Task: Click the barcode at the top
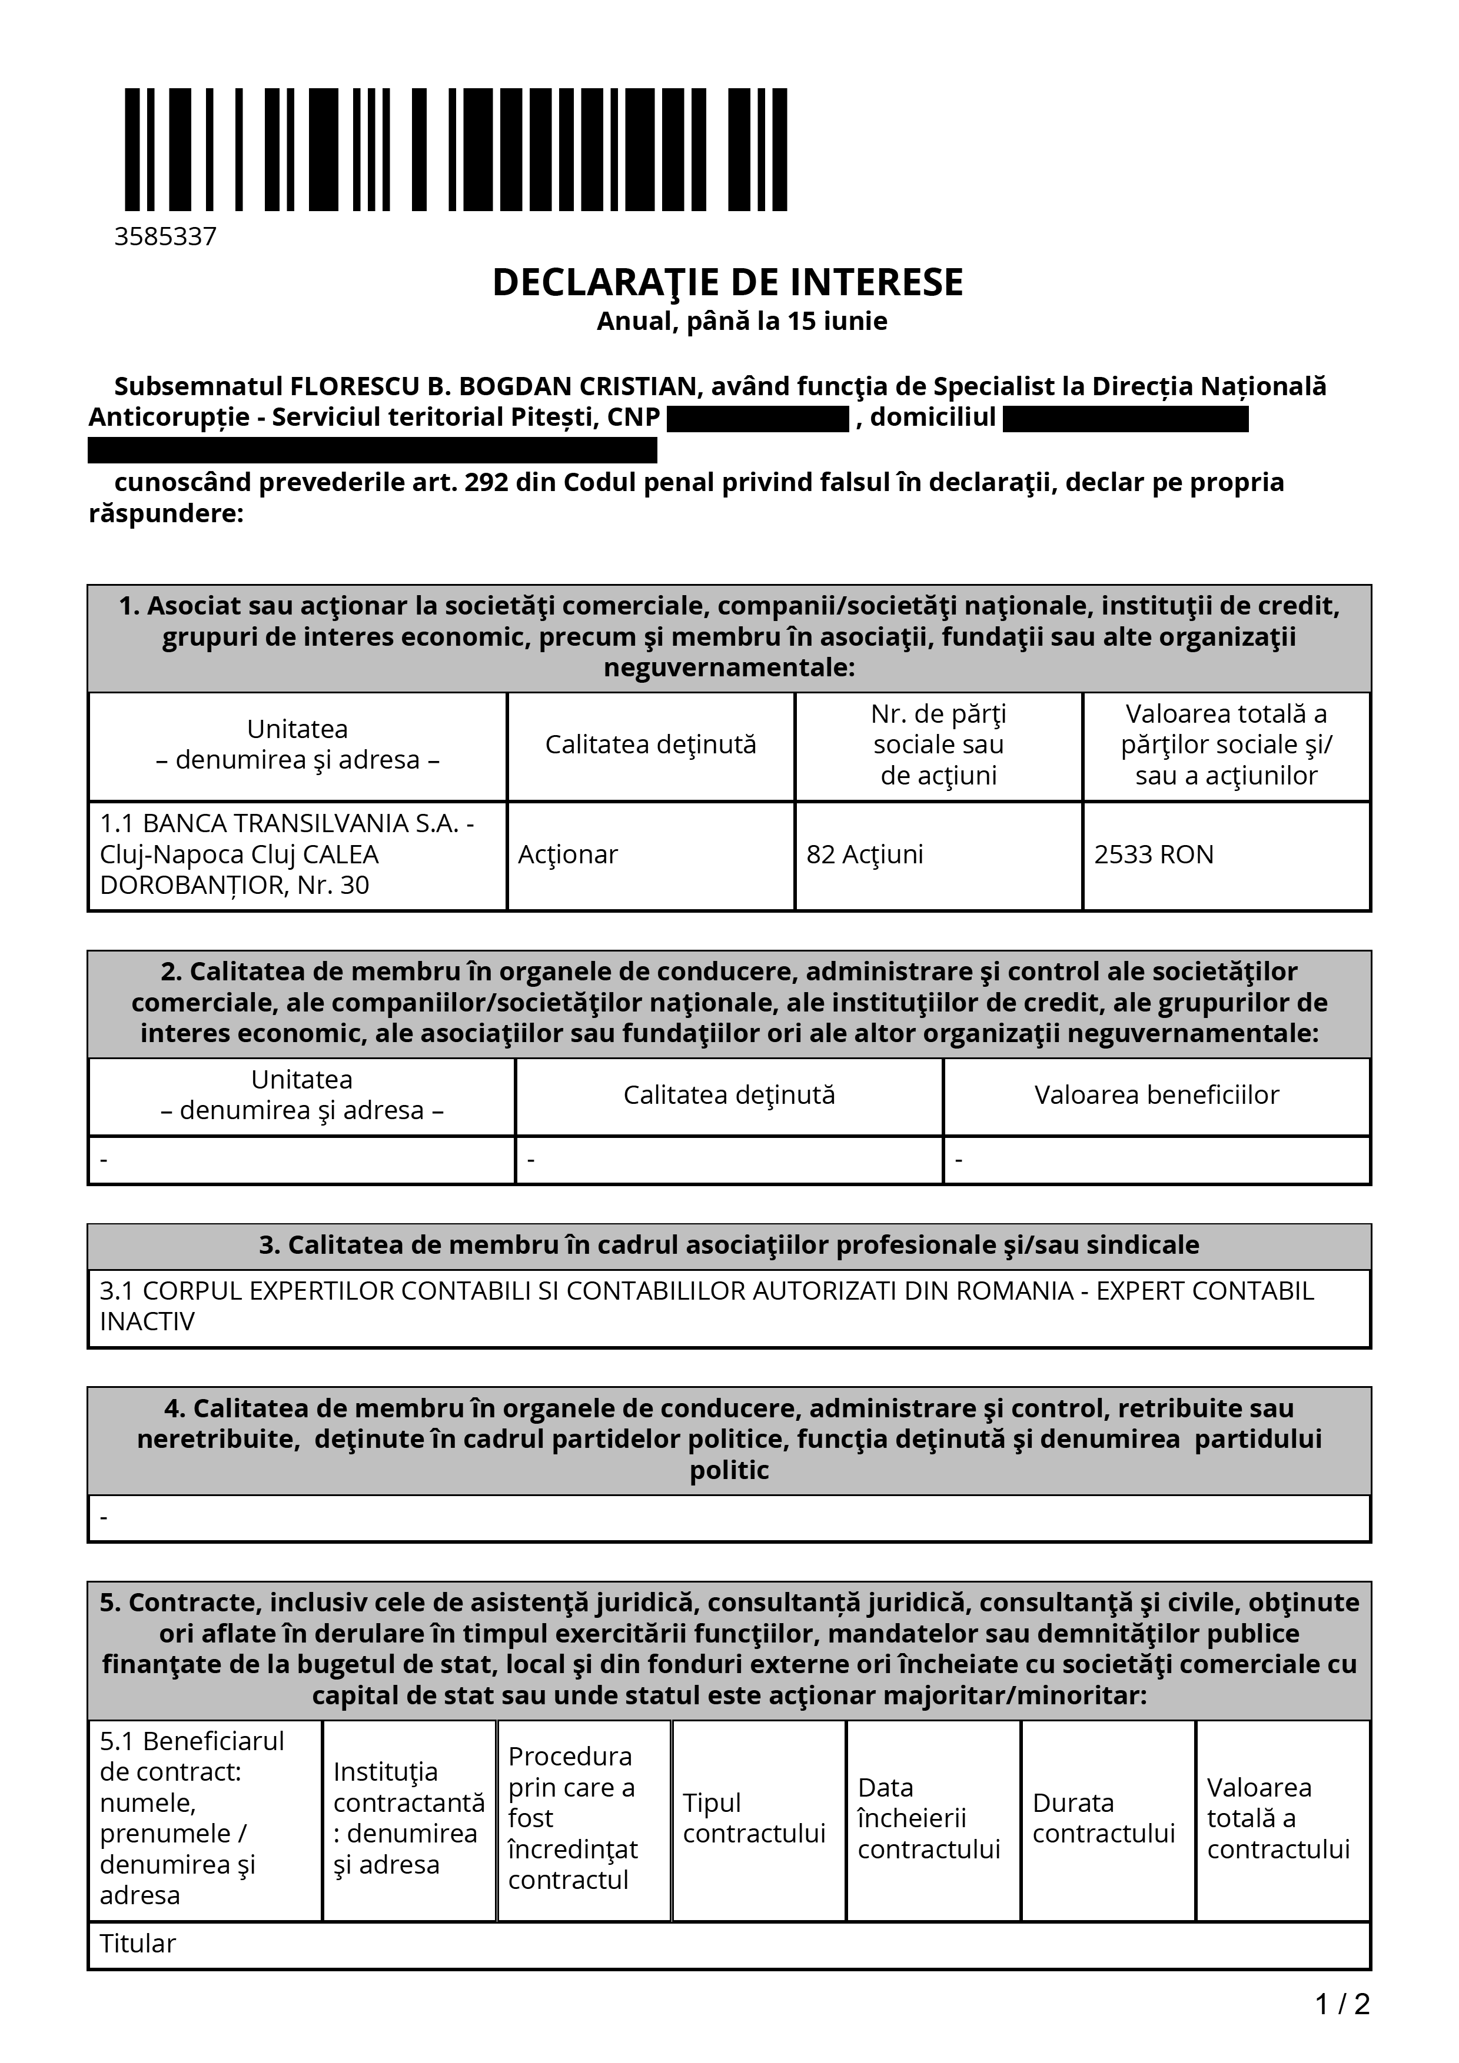coord(456,149)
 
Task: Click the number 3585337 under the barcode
coord(165,236)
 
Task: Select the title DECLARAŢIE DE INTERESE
coord(727,282)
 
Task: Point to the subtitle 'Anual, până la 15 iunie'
coord(742,322)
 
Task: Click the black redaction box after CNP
coord(758,419)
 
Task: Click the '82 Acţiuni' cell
coord(865,854)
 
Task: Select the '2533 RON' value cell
coord(1154,854)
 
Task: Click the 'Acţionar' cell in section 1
coord(568,854)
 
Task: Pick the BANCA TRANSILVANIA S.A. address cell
coord(288,854)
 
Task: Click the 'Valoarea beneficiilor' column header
coord(1156,1095)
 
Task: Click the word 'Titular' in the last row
coord(138,1944)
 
